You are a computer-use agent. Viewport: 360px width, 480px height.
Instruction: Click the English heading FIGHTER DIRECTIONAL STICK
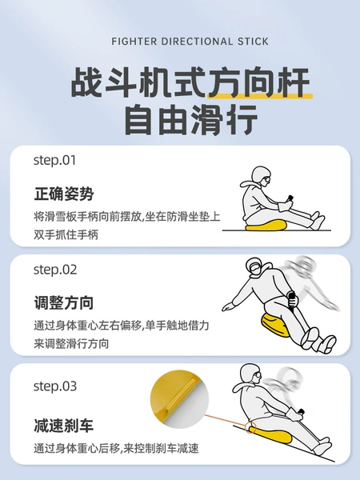(x=190, y=42)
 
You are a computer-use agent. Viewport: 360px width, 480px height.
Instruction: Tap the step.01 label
(x=54, y=160)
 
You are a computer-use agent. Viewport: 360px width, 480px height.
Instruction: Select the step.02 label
(x=55, y=270)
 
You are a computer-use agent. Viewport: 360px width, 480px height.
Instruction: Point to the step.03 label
(x=55, y=386)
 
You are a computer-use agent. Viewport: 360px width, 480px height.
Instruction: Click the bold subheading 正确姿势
(x=64, y=194)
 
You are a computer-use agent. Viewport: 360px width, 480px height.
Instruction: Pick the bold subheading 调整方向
(x=64, y=302)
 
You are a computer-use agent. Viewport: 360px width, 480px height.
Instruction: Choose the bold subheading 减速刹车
(x=64, y=426)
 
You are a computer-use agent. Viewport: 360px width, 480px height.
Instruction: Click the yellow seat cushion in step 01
(x=266, y=226)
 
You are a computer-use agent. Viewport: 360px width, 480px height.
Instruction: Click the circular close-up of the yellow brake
(x=180, y=399)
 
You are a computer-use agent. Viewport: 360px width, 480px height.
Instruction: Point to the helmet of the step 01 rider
(x=261, y=176)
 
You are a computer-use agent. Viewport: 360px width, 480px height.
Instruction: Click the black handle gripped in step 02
(x=292, y=298)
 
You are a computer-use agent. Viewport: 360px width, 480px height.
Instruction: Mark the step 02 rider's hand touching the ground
(x=228, y=306)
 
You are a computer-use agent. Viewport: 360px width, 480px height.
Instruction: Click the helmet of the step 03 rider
(x=250, y=374)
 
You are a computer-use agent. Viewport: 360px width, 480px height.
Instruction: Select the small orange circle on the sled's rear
(x=251, y=427)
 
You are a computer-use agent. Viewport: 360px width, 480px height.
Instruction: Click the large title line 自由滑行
(x=190, y=120)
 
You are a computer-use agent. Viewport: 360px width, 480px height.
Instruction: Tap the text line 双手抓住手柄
(x=66, y=234)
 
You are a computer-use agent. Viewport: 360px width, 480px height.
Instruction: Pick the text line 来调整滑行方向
(x=71, y=343)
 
